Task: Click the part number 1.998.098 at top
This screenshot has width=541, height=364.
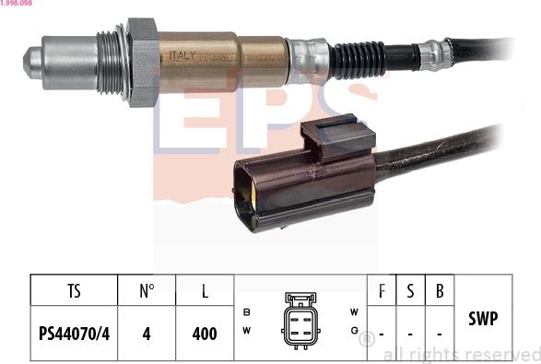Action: [x=19, y=5]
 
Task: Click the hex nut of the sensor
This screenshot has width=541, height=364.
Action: [x=142, y=61]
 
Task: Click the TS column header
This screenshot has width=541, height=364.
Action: [x=74, y=292]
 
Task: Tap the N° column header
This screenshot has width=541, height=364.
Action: [x=147, y=292]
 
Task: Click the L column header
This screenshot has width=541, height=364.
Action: [x=205, y=292]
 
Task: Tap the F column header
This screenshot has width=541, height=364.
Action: [x=381, y=292]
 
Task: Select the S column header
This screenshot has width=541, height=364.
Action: [x=410, y=292]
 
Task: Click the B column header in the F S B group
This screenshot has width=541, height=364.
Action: [x=440, y=292]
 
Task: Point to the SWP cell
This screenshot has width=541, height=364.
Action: [x=484, y=319]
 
